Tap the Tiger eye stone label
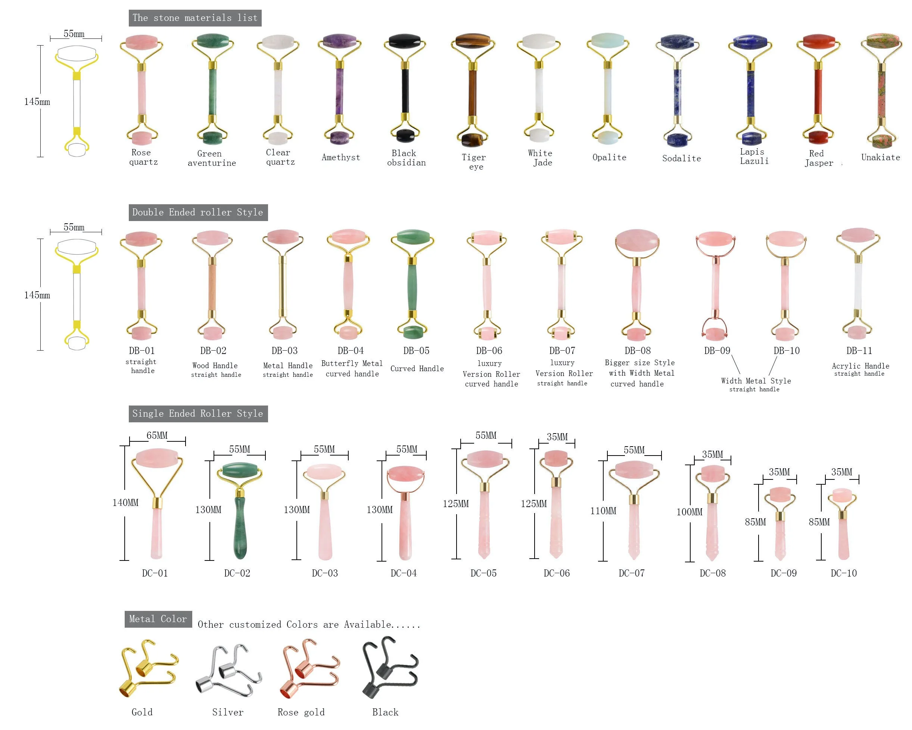tap(474, 162)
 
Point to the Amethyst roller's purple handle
tap(339, 91)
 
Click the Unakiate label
tap(881, 158)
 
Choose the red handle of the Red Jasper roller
tap(818, 91)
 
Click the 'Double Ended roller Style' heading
tap(197, 212)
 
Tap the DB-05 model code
tap(416, 351)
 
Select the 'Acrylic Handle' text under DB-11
tap(860, 366)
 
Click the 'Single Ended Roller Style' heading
tap(197, 413)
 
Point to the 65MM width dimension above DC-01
tap(157, 435)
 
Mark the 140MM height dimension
tap(125, 503)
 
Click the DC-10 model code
tap(843, 574)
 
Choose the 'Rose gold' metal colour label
tap(301, 712)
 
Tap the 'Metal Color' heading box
tap(158, 619)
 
